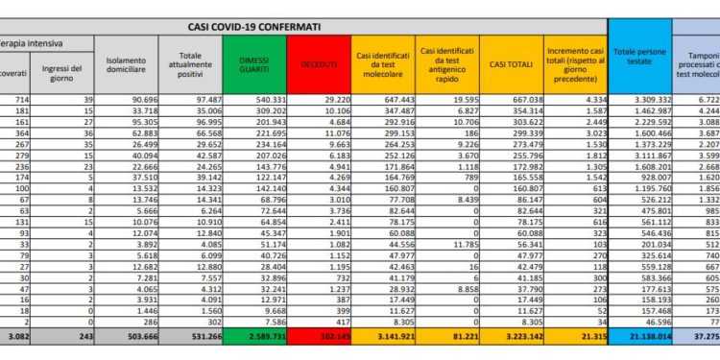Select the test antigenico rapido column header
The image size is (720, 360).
coord(446,63)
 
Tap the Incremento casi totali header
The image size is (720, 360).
coord(575,63)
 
